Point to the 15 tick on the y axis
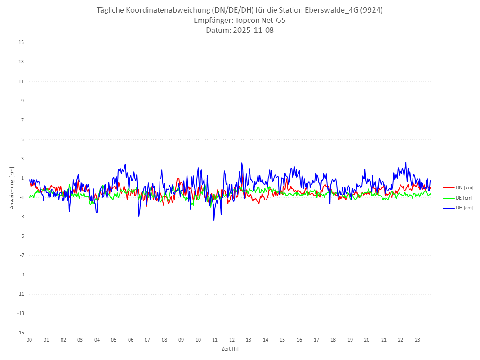coord(21,43)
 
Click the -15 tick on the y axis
coord(20,333)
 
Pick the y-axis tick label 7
coord(22,120)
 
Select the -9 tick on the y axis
coord(21,275)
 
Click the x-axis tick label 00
coord(29,340)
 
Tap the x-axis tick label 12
coord(232,340)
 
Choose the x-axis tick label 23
coord(418,340)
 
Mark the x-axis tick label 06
coord(130,340)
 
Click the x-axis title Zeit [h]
coord(230,349)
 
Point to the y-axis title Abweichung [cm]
coord(12,188)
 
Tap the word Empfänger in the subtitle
coord(212,21)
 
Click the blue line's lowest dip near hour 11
coord(214,220)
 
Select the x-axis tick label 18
coord(333,340)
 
